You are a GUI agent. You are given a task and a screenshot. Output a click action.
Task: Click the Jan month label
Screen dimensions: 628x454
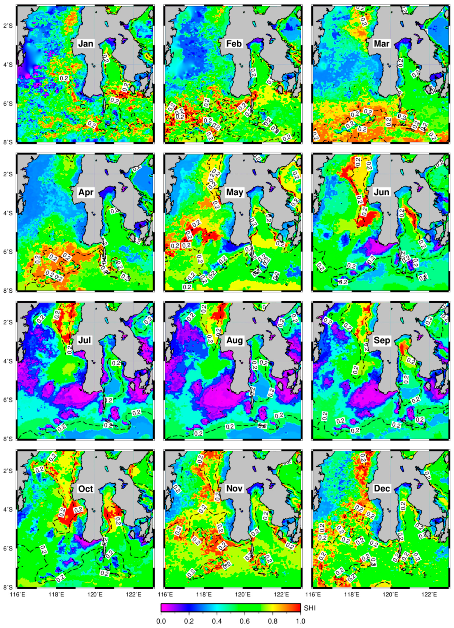86,44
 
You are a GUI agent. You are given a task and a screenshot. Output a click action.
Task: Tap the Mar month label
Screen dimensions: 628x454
381,44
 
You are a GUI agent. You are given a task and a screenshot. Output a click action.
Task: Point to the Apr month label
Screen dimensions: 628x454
86,192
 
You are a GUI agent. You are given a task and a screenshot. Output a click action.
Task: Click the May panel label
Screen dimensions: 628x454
234,192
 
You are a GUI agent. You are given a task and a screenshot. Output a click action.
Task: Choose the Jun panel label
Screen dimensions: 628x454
381,192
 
